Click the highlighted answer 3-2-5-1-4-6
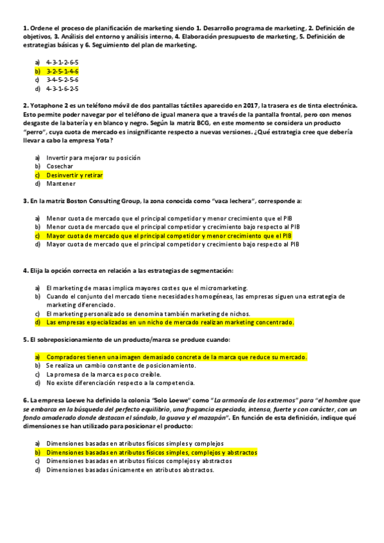[62, 71]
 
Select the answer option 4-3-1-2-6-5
[62, 62]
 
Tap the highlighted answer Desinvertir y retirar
[74, 175]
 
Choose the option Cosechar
[60, 166]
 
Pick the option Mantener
[60, 184]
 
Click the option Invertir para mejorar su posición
[93, 157]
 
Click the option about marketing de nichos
[148, 314]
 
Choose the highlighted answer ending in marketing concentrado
[170, 323]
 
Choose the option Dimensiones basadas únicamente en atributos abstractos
[130, 469]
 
